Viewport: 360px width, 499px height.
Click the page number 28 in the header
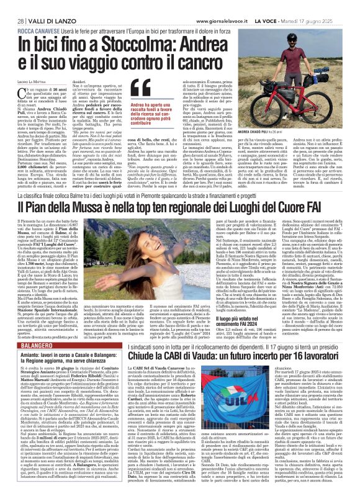(12, 6)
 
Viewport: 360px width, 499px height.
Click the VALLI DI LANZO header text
(44, 6)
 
